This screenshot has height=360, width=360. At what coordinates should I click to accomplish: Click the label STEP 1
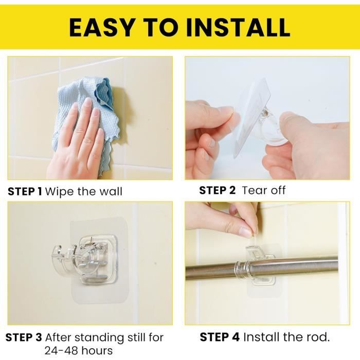click(x=25, y=191)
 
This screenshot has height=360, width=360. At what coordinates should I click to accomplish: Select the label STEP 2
click(x=217, y=190)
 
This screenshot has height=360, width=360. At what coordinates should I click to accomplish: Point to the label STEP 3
click(x=24, y=337)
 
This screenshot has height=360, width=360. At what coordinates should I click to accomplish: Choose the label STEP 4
click(x=220, y=337)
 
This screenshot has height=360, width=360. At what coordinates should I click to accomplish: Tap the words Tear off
click(x=263, y=190)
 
